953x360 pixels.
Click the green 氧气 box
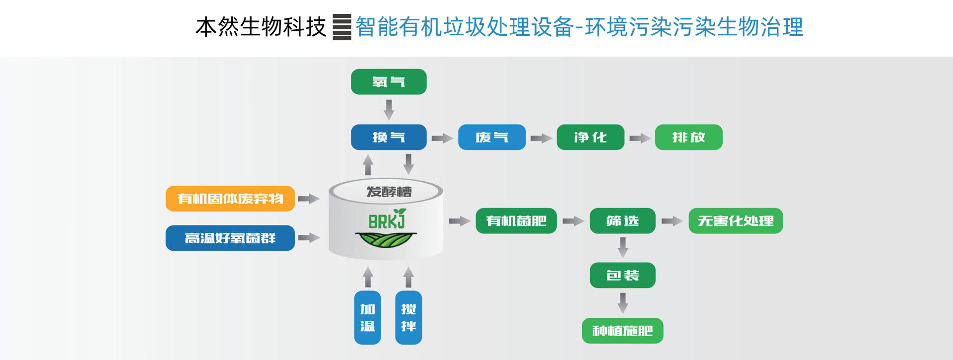[x=389, y=82]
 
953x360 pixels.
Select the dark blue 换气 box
[x=389, y=137]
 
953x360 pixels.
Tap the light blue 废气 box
[x=491, y=137]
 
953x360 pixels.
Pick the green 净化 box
[x=590, y=137]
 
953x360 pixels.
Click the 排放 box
[x=688, y=137]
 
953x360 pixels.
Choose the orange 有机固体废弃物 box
[x=230, y=199]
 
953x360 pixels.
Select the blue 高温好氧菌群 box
[x=230, y=238]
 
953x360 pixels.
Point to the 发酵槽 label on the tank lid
[x=389, y=192]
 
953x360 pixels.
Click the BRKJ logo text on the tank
[x=387, y=220]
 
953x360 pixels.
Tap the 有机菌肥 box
[x=516, y=221]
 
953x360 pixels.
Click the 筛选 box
[x=622, y=221]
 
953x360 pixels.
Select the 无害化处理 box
[x=736, y=221]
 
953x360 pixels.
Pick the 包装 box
[x=622, y=275]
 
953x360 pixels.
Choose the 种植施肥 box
[x=622, y=331]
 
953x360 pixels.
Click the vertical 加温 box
[x=367, y=318]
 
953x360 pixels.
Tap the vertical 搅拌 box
[x=408, y=318]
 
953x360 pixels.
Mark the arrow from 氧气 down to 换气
[x=389, y=109]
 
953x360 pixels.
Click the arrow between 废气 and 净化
[x=541, y=138]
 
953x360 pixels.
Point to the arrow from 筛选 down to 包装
[x=623, y=247]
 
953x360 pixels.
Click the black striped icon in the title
[x=341, y=27]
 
